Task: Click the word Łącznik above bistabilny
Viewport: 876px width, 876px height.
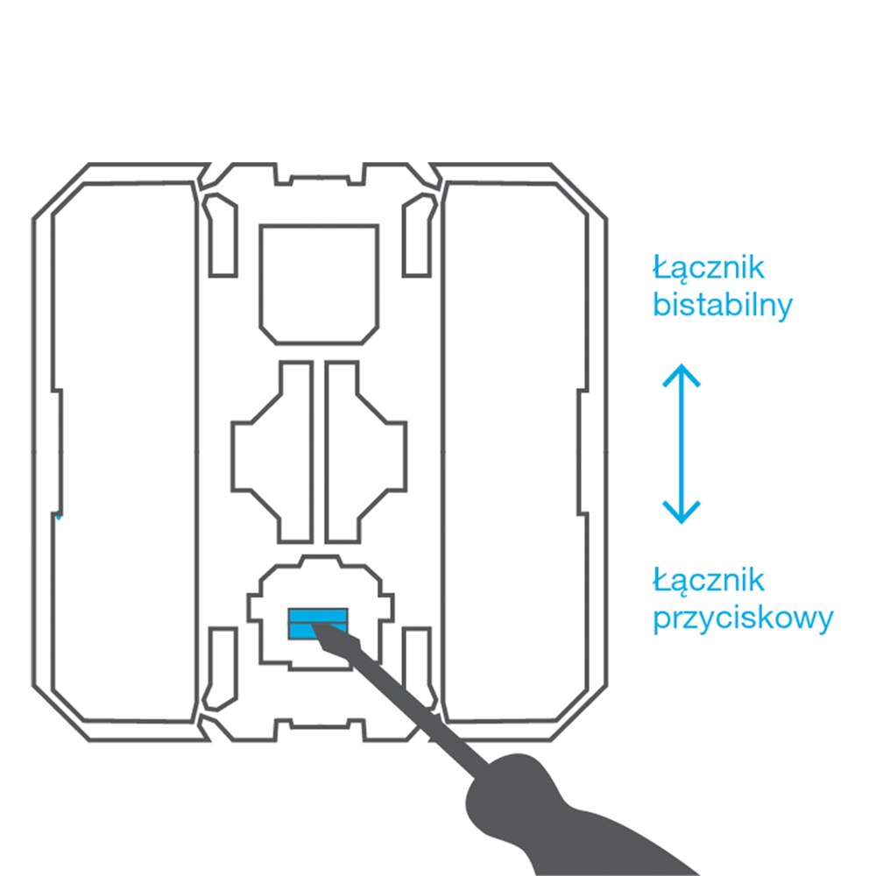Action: click(710, 266)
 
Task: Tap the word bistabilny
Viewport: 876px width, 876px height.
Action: click(723, 306)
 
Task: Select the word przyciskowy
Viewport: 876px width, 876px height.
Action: click(743, 619)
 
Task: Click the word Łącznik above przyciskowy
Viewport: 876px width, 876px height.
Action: click(710, 580)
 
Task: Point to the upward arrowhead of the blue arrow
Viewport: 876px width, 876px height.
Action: click(681, 375)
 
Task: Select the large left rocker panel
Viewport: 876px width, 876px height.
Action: click(123, 451)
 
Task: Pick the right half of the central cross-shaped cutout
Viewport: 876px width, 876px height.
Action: click(364, 451)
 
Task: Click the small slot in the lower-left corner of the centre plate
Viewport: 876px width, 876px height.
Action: click(221, 668)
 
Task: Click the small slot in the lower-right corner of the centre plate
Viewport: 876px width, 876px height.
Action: click(418, 668)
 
